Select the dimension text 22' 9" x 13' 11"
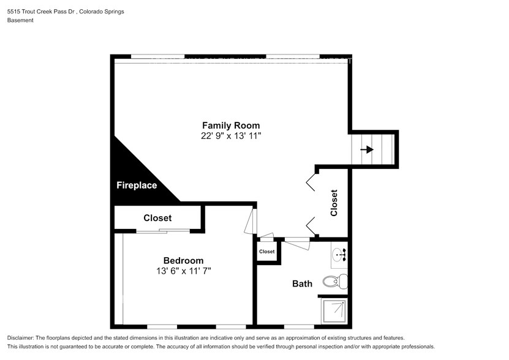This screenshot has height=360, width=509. (x=231, y=136)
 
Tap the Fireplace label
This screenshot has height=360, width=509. (x=137, y=185)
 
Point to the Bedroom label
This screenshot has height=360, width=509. (x=183, y=260)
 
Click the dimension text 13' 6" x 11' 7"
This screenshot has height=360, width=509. (x=183, y=271)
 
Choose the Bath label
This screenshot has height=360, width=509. (x=302, y=283)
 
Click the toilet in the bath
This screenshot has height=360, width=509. (x=334, y=282)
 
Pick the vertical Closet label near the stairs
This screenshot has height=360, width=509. (x=334, y=203)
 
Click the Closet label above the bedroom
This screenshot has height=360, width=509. (x=157, y=218)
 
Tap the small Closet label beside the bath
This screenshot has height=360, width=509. (x=267, y=252)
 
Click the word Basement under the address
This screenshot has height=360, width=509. (x=20, y=20)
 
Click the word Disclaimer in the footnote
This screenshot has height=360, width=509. (x=23, y=338)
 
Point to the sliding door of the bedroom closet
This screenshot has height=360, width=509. (x=164, y=231)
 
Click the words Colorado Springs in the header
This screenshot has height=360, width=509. (x=104, y=10)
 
